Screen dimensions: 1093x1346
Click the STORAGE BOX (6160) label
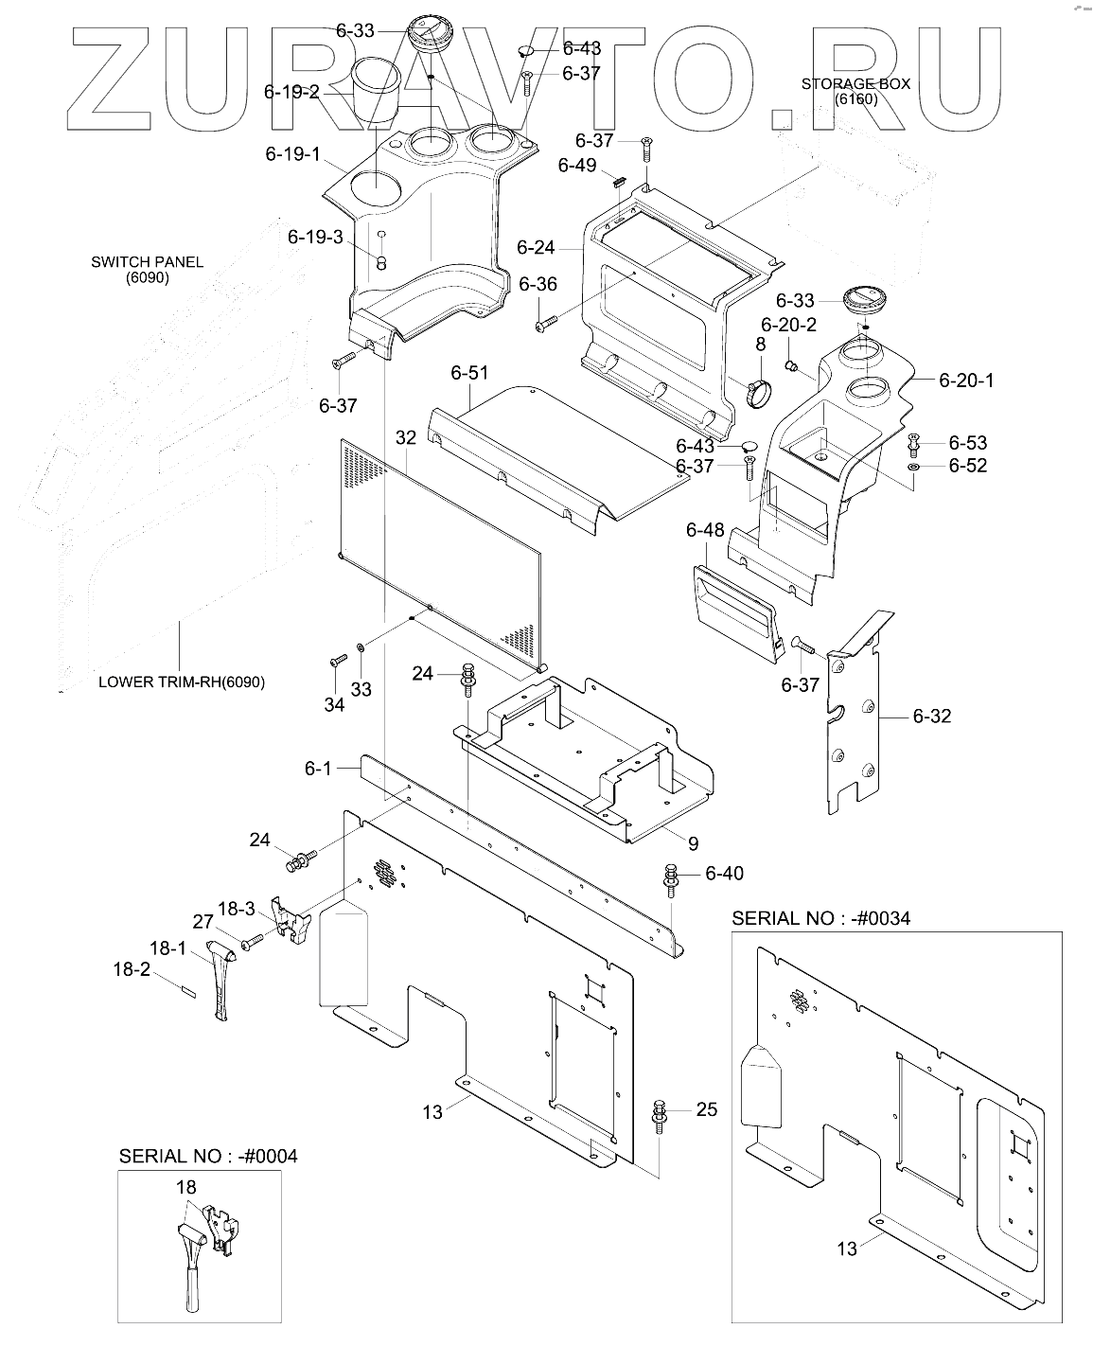point(855,92)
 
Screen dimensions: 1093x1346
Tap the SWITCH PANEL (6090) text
point(148,270)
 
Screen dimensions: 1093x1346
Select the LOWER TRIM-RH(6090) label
point(182,682)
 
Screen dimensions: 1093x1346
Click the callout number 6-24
point(536,248)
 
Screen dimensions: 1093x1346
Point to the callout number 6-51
point(469,373)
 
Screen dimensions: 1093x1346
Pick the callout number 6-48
point(705,529)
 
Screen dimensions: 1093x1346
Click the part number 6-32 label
point(932,716)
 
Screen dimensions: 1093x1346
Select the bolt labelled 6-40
point(671,879)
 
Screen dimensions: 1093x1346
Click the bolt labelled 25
point(659,1118)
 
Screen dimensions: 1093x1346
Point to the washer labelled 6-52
point(913,467)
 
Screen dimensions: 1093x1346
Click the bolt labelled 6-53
point(913,445)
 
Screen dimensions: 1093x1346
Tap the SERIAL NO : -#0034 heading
point(820,918)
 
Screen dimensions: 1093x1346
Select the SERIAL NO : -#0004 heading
point(208,1157)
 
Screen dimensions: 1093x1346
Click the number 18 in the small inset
point(186,1187)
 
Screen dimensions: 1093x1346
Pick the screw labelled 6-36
point(546,324)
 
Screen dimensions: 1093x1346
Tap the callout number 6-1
point(318,769)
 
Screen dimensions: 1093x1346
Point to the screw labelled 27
point(252,943)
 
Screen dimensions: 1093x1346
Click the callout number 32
point(406,437)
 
